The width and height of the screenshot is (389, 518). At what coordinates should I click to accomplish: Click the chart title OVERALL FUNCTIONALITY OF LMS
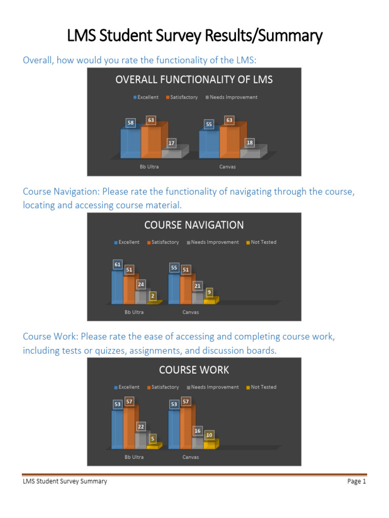194,79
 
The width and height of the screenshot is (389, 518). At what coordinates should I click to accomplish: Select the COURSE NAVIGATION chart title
194,225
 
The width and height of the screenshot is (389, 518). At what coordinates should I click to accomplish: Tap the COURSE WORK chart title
194,370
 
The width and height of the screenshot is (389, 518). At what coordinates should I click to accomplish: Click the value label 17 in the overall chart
172,143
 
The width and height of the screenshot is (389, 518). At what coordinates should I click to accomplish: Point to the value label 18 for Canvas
250,143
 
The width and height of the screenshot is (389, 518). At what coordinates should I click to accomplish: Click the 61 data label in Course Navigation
118,264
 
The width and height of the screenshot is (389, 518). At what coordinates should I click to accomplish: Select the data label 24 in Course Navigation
141,285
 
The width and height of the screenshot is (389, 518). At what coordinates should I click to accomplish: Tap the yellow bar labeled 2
153,302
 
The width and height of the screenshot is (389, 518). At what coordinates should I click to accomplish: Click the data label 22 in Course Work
141,426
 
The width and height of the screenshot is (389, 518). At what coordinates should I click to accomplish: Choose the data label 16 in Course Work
198,430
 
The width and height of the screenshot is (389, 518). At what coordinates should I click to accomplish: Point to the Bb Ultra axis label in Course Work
134,457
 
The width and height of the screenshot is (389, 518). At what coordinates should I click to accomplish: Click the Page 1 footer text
357,482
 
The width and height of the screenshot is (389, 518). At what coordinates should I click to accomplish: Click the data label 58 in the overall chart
131,123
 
